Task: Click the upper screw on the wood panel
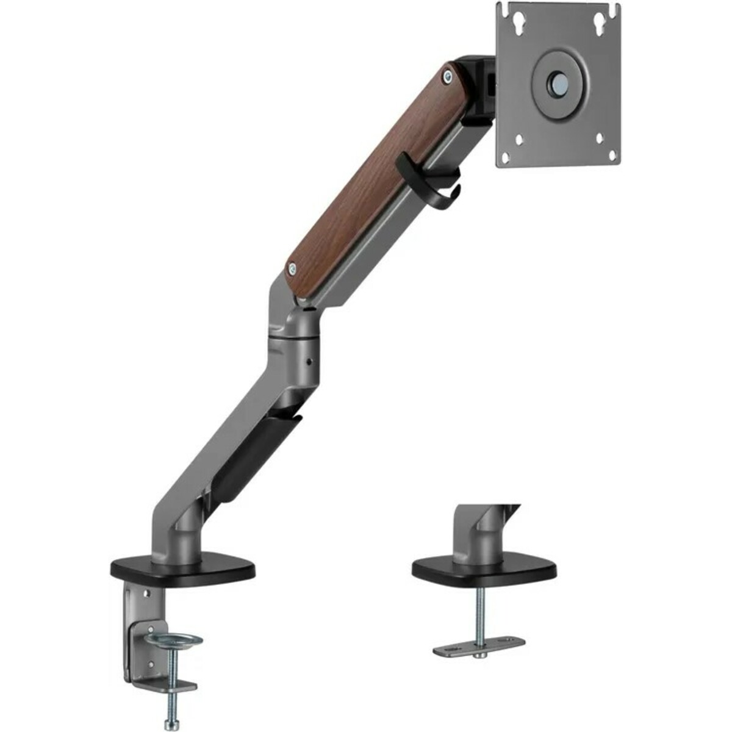[x=449, y=76]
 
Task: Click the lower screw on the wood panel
[x=292, y=267]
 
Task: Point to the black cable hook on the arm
[x=427, y=183]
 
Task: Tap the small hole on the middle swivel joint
[x=309, y=361]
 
